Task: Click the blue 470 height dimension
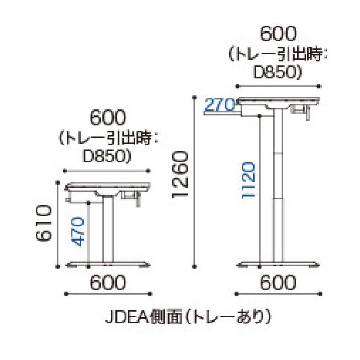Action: tap(79, 232)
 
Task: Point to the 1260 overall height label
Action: tap(180, 175)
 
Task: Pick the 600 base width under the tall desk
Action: tap(278, 283)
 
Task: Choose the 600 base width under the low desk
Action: tap(108, 283)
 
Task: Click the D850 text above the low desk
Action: tap(107, 154)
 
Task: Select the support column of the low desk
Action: tap(108, 230)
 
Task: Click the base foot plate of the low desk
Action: tap(108, 264)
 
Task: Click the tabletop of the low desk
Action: tap(108, 186)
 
